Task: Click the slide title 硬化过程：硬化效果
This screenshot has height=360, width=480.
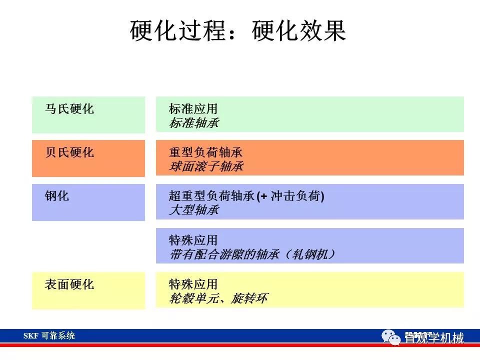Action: coord(238,30)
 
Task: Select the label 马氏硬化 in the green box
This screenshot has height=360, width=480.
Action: coord(69,108)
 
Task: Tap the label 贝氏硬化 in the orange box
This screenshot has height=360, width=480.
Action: coord(69,152)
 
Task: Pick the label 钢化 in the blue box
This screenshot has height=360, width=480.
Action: coord(57,196)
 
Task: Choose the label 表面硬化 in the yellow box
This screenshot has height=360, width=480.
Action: coord(69,284)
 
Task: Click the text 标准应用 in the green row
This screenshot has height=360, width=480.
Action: coord(193,108)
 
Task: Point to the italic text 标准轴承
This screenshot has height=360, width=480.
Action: coord(194,123)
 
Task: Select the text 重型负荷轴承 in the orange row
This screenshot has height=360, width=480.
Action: coord(205,152)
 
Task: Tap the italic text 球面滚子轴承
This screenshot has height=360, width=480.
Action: coord(206,166)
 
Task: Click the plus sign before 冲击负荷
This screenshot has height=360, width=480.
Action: coord(263,196)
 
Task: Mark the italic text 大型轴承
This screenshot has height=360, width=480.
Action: coord(194,210)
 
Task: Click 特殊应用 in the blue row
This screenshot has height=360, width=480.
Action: coord(193,240)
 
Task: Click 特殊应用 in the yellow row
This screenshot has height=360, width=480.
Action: coord(193,284)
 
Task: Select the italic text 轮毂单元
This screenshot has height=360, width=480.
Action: coord(193,298)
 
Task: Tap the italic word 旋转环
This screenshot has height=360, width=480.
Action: coord(249,298)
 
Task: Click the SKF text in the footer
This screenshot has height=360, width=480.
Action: coord(30,336)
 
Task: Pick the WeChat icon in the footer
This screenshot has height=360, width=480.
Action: coord(391,337)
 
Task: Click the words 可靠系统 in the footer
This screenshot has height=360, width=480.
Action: coord(58,336)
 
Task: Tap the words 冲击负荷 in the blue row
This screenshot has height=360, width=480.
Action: coord(295,196)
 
